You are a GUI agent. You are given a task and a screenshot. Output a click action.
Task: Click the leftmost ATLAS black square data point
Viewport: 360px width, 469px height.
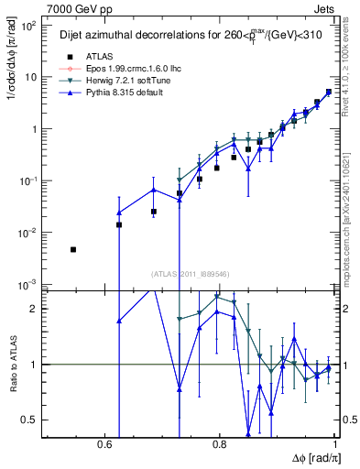[x=73, y=249]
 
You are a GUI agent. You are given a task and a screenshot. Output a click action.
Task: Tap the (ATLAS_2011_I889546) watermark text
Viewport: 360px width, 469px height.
[x=191, y=273]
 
